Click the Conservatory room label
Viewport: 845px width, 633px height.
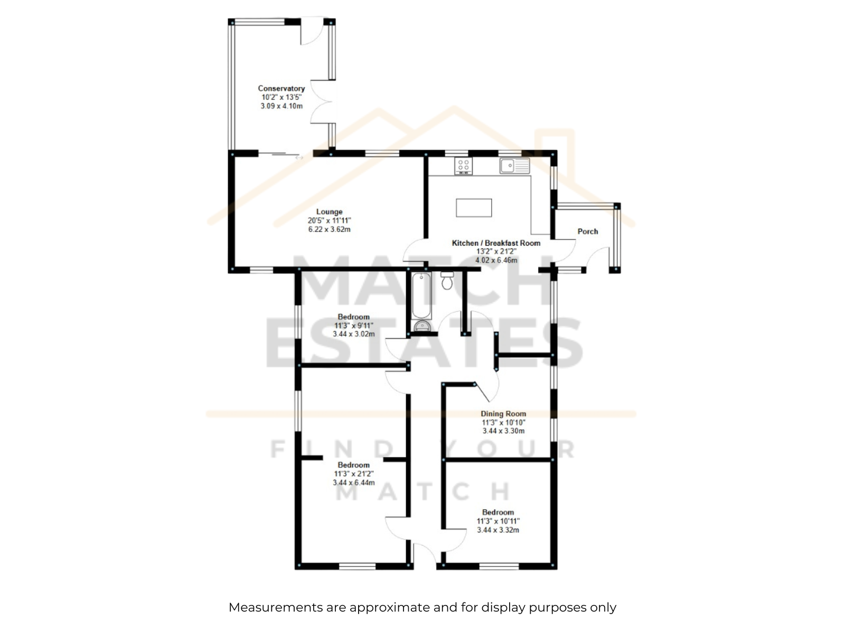281,89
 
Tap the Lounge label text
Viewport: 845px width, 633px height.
329,212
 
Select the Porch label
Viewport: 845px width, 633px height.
587,232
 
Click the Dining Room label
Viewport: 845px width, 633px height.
503,414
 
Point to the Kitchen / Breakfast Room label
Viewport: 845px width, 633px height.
496,243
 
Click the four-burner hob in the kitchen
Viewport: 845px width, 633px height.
463,166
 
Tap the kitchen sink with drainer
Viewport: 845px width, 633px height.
515,166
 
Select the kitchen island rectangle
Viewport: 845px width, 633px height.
474,207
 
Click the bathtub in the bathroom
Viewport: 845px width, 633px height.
421,295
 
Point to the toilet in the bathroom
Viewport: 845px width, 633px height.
447,281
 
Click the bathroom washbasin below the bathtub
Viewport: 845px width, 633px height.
422,325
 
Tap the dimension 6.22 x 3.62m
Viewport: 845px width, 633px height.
329,229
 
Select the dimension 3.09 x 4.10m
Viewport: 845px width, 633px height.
281,106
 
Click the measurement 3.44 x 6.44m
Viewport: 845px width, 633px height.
353,482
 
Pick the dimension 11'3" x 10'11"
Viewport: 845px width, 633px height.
498,521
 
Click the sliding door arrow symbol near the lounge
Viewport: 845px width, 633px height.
299,157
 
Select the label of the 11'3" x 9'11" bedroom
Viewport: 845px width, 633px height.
353,316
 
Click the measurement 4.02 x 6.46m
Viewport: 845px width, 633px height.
496,260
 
